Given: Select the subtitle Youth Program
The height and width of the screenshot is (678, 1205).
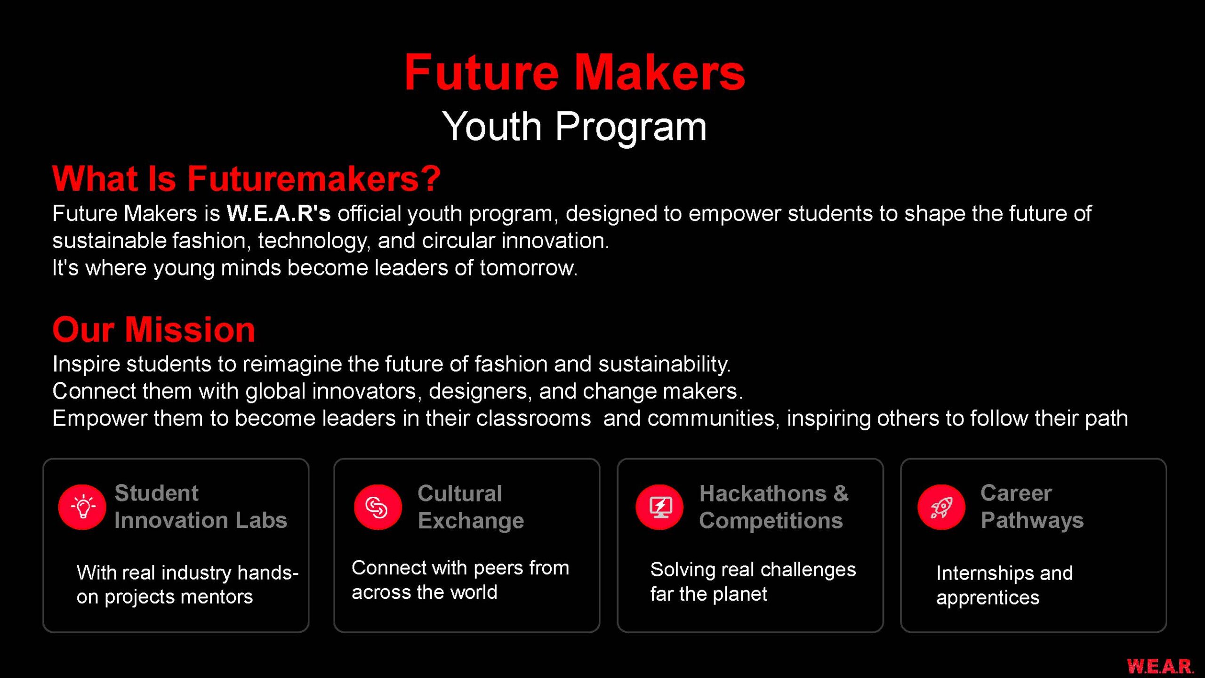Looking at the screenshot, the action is click(574, 127).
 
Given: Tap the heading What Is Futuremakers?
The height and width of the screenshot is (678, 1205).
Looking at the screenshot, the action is click(246, 178).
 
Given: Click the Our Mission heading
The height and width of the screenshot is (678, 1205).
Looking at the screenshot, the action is click(153, 329).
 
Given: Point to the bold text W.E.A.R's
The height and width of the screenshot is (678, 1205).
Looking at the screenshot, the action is click(279, 213).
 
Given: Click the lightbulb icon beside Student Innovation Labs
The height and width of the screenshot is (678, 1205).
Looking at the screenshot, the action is click(82, 507).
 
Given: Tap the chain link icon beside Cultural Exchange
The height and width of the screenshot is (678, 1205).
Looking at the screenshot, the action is click(378, 507).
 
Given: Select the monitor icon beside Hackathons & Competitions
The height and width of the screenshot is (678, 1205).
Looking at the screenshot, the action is click(659, 507).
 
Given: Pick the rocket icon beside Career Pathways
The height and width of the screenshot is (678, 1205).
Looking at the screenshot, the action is click(941, 507).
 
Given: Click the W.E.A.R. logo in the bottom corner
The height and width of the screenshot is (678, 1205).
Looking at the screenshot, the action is click(1160, 666).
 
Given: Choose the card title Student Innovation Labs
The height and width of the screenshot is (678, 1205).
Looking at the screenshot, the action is click(201, 507).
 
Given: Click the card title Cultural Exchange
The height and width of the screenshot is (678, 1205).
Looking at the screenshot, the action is click(471, 507).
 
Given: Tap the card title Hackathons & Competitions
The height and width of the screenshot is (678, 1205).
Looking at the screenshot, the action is click(774, 507).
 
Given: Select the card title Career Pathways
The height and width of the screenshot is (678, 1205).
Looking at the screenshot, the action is click(1032, 507).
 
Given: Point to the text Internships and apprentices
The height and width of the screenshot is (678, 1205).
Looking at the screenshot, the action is click(1004, 585).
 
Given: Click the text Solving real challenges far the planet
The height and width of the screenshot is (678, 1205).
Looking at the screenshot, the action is click(753, 582).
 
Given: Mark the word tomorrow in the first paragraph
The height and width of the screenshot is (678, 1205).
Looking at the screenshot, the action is click(528, 268).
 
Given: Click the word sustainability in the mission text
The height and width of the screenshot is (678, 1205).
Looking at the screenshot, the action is click(664, 364).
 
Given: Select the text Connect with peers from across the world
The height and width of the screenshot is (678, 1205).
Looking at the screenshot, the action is click(460, 580).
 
